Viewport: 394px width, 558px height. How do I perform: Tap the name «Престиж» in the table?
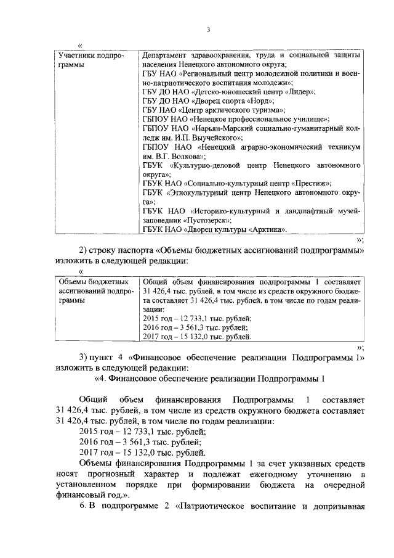click(313, 183)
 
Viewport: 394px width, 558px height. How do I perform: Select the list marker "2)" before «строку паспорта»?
click(86, 251)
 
